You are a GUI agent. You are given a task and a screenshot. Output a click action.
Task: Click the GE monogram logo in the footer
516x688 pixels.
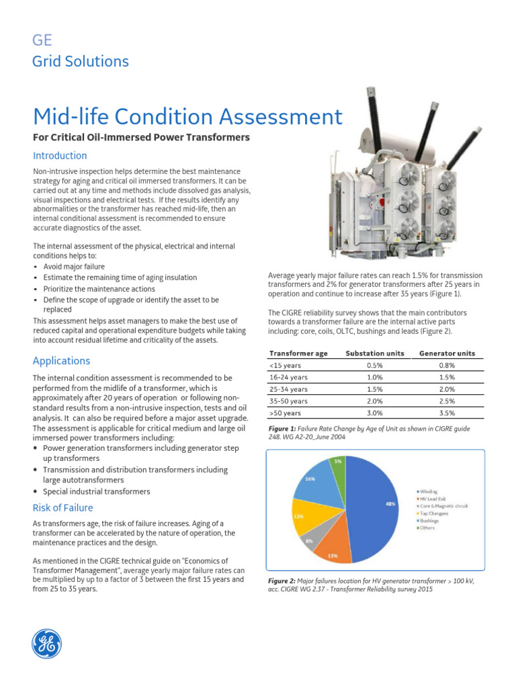[47, 643]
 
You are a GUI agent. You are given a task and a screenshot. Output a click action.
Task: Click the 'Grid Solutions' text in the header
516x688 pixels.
[81, 62]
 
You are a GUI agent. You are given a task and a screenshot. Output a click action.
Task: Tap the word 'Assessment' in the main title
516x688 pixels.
[268, 118]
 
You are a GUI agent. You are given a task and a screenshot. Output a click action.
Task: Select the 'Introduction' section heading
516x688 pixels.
[60, 156]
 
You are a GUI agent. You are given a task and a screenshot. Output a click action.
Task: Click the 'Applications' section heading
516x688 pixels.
[61, 361]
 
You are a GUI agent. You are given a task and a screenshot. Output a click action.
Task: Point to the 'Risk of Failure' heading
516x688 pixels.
[63, 508]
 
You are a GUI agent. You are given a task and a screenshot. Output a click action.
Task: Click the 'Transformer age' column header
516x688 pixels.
[298, 353]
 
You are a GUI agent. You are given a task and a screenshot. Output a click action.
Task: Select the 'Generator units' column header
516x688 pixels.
[447, 353]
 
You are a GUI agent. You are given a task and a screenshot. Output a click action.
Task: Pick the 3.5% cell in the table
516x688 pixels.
[447, 413]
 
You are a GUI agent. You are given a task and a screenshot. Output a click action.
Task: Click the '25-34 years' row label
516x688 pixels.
[288, 389]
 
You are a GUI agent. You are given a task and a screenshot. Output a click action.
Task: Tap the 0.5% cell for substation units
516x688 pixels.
[375, 365]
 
